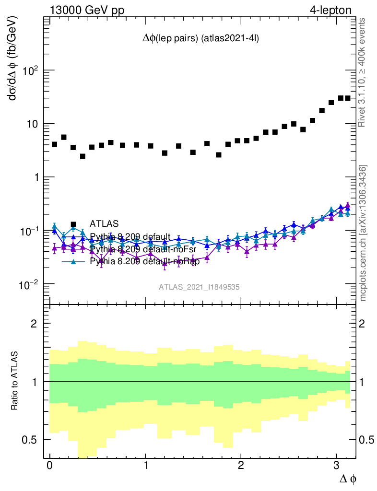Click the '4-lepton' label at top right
click(x=330, y=10)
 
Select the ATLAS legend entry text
click(x=104, y=223)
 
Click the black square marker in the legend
click(x=73, y=223)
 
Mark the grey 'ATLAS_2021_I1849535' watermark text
click(x=200, y=287)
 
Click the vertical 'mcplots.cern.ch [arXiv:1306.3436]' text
click(x=364, y=234)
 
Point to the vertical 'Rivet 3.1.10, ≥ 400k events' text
click(x=363, y=73)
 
